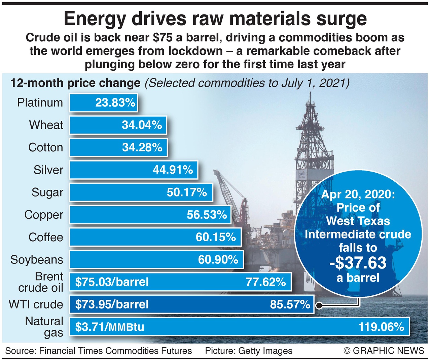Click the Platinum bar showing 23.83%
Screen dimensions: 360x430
[x=103, y=103]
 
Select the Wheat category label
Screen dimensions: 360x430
[x=46, y=125]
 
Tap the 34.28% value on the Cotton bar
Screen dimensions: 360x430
[x=142, y=147]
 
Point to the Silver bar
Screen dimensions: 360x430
[x=133, y=170]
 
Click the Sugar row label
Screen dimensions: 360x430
[x=47, y=192]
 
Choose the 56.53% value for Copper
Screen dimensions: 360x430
[x=207, y=215]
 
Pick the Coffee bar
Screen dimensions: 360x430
[x=155, y=237]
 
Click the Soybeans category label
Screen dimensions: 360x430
[x=37, y=259]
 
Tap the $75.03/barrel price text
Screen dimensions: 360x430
[x=112, y=282]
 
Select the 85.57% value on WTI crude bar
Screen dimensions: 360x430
[x=290, y=304]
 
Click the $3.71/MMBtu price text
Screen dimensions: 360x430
[x=110, y=327]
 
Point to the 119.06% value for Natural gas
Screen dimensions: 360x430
[x=381, y=327]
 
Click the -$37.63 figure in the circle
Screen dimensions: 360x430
[x=358, y=263]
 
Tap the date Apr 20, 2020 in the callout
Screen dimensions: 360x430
[x=358, y=194]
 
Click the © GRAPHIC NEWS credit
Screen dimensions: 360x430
[x=384, y=351]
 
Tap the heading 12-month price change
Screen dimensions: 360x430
[x=75, y=83]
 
